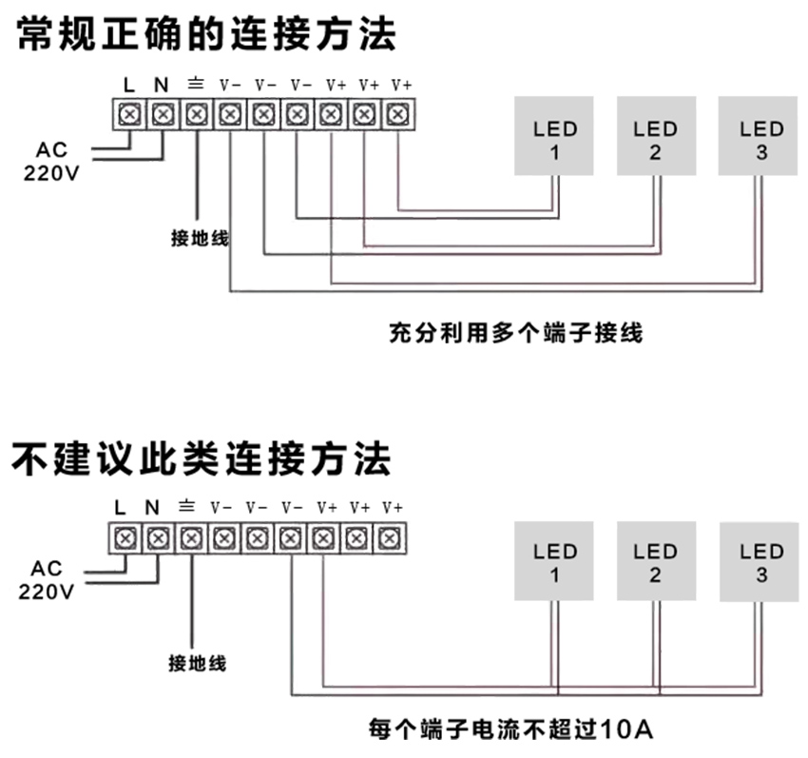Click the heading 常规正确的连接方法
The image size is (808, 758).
click(x=205, y=36)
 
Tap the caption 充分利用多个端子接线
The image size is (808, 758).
click(x=516, y=334)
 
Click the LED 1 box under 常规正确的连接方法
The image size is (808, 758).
click(x=555, y=135)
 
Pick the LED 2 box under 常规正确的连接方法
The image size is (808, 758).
click(x=655, y=135)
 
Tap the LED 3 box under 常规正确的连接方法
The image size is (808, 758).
click(x=761, y=135)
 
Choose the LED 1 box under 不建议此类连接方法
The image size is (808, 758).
click(x=555, y=562)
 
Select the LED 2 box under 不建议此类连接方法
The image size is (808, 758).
click(x=655, y=562)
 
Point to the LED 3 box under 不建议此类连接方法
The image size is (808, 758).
click(x=761, y=562)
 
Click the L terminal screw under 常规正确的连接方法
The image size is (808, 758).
click(x=130, y=115)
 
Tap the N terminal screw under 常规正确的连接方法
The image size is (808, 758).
click(x=163, y=115)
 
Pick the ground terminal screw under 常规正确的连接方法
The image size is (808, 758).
click(x=196, y=115)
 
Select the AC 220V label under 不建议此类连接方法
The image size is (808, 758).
click(x=48, y=580)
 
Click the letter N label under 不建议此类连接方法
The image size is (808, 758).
click(x=152, y=507)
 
